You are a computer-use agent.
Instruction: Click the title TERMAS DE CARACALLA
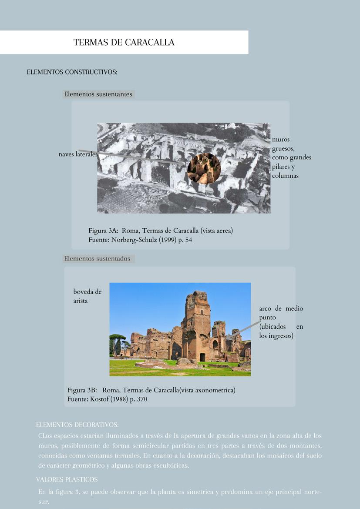click(124, 42)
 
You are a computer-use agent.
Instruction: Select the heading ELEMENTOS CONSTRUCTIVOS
click(72, 72)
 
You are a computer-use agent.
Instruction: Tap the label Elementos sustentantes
click(98, 94)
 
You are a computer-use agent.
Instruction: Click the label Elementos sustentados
click(97, 259)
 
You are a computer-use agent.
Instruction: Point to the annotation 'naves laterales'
click(78, 154)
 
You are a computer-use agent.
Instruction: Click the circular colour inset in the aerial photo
click(204, 169)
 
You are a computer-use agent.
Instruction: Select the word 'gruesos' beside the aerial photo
click(283, 148)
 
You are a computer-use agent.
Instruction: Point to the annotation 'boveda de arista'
click(87, 296)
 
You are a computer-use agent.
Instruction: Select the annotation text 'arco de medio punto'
click(281, 313)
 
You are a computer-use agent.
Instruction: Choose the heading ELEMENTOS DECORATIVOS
click(77, 425)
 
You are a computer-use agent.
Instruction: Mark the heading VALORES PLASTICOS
click(67, 479)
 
